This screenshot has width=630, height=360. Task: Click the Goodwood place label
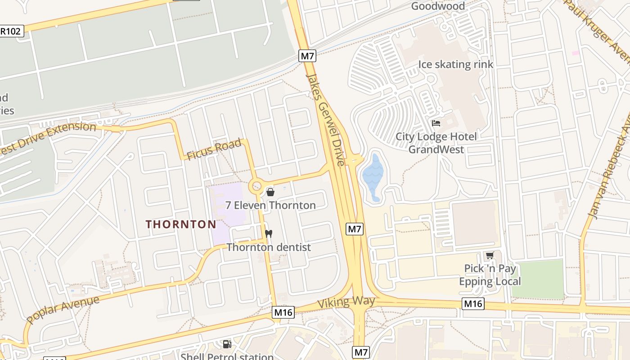(x=438, y=6)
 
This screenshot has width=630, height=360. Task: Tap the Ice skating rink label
(x=455, y=64)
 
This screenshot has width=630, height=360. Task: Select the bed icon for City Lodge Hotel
(x=436, y=123)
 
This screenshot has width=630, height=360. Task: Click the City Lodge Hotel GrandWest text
(x=436, y=143)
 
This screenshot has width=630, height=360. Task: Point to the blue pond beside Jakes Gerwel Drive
(x=373, y=175)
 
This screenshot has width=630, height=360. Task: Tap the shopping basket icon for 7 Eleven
(x=270, y=192)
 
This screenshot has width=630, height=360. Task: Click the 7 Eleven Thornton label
(x=270, y=206)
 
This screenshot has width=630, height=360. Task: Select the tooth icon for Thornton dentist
(x=269, y=234)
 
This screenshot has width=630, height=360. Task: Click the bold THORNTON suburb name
(x=181, y=224)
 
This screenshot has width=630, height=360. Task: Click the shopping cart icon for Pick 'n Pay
(x=490, y=256)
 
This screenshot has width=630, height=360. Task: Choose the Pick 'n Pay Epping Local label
(x=490, y=275)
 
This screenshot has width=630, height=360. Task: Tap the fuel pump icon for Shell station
(x=227, y=344)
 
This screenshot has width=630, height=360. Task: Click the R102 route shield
(x=11, y=31)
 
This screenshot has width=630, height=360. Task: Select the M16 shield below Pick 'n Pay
(x=472, y=304)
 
